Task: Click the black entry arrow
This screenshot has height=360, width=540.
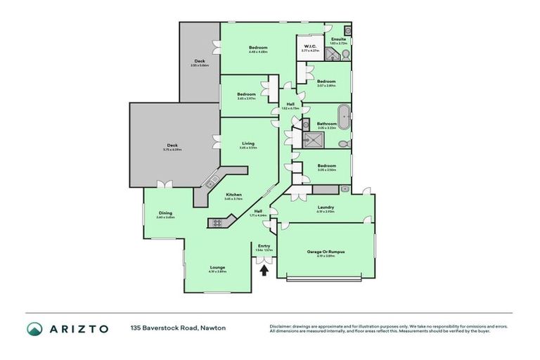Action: point(264,269)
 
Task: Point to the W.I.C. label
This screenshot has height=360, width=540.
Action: point(307,48)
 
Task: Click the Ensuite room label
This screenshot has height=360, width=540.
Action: point(338,39)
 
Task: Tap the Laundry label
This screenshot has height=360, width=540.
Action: point(325,207)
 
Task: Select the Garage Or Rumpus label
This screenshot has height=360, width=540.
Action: point(326,251)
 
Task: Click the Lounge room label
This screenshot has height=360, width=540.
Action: point(217,267)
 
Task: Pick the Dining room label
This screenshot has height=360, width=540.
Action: point(165,213)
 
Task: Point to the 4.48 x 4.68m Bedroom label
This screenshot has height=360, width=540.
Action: point(258,48)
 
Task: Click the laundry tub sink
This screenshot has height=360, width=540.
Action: point(344,189)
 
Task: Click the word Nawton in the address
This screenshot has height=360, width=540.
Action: point(213,328)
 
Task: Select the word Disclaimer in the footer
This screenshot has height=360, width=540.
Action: point(281,326)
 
